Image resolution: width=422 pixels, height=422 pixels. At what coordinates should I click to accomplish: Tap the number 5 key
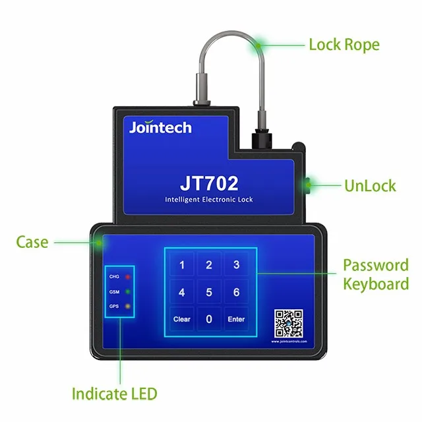click(209, 292)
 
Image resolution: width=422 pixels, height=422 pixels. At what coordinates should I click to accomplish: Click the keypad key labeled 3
click(236, 266)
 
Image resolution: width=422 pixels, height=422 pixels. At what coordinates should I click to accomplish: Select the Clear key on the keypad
click(182, 319)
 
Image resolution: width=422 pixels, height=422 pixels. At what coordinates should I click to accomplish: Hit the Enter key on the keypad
click(236, 319)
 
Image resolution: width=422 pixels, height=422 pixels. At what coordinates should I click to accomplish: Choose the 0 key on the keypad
click(209, 319)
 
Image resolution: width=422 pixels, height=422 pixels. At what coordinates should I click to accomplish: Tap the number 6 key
click(236, 292)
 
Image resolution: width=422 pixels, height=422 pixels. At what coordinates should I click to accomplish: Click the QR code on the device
click(289, 324)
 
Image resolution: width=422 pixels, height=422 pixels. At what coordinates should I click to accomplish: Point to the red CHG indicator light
click(126, 276)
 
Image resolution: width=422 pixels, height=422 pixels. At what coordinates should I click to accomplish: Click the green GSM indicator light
click(126, 291)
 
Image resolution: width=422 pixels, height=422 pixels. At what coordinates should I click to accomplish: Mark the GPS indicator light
click(126, 306)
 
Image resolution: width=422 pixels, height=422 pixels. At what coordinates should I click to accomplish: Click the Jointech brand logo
click(160, 127)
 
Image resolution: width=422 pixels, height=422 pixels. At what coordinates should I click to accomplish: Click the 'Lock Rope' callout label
click(344, 45)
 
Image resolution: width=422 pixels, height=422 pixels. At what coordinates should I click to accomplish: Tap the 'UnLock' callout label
click(370, 185)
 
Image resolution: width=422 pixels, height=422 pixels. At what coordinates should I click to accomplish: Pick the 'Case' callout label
click(32, 242)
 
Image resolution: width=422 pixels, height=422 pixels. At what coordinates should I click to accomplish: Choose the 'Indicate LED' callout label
click(115, 394)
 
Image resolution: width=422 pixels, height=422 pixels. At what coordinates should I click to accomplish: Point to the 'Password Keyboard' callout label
click(375, 275)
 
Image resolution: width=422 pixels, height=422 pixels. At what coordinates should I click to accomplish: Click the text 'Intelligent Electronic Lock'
click(208, 199)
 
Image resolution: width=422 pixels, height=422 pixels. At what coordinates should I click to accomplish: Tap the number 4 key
click(182, 292)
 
